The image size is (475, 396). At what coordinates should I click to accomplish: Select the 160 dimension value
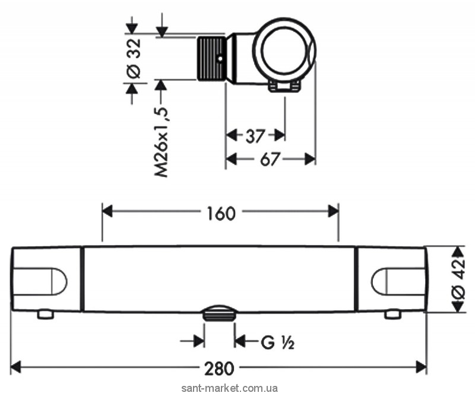click(221, 213)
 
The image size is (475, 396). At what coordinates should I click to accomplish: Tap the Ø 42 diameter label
click(460, 280)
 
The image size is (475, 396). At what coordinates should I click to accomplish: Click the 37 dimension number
click(255, 136)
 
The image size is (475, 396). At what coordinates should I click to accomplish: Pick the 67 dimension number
click(270, 159)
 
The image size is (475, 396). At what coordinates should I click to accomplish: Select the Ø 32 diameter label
click(133, 58)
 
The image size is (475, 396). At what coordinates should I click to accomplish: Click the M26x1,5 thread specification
click(161, 142)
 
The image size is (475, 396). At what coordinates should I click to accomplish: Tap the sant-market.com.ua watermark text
click(229, 388)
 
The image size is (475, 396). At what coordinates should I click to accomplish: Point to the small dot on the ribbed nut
click(220, 58)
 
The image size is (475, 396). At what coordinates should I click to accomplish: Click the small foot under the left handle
click(46, 314)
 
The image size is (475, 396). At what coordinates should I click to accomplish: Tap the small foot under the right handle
click(392, 314)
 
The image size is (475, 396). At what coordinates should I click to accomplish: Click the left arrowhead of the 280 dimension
click(16, 368)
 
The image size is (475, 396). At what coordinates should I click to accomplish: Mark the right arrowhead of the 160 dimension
click(333, 211)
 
